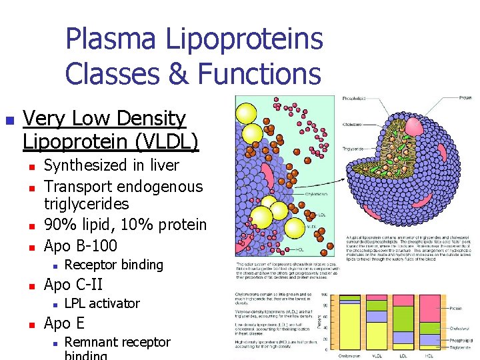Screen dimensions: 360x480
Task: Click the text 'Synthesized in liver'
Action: (x=111, y=165)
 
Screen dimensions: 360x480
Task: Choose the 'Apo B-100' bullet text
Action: (x=80, y=245)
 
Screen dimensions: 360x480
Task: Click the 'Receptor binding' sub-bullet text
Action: (x=113, y=265)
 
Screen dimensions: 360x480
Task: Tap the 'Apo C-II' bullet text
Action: (x=73, y=284)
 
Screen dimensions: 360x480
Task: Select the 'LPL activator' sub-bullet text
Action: (x=102, y=303)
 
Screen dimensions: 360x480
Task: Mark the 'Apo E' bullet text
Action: (x=64, y=323)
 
